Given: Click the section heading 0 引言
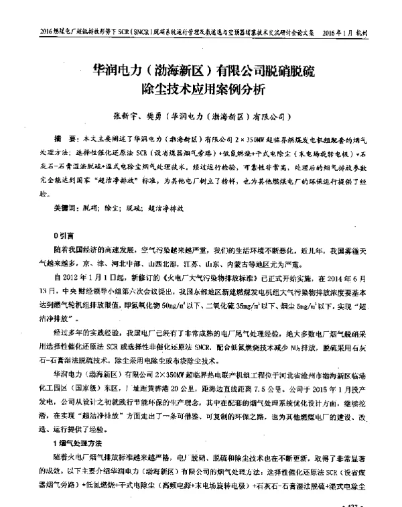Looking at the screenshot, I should click(64, 236).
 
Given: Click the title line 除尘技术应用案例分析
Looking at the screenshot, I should click(201, 88).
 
